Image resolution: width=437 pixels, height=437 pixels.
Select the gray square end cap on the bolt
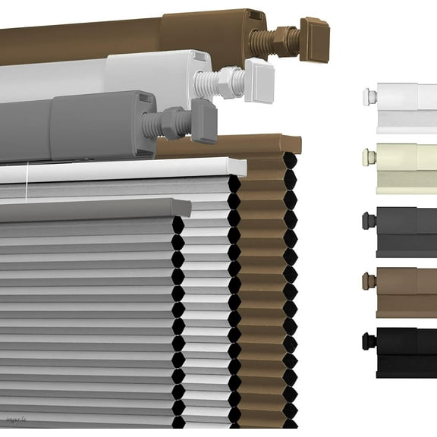pyautogui.click(x=203, y=119)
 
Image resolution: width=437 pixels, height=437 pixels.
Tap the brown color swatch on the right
pyautogui.click(x=402, y=291)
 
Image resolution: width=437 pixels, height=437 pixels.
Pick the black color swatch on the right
pyautogui.click(x=402, y=352)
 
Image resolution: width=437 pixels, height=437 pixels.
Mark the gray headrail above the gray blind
pyautogui.click(x=91, y=209)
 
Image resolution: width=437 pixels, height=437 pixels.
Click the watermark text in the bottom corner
pyautogui.click(x=16, y=418)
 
